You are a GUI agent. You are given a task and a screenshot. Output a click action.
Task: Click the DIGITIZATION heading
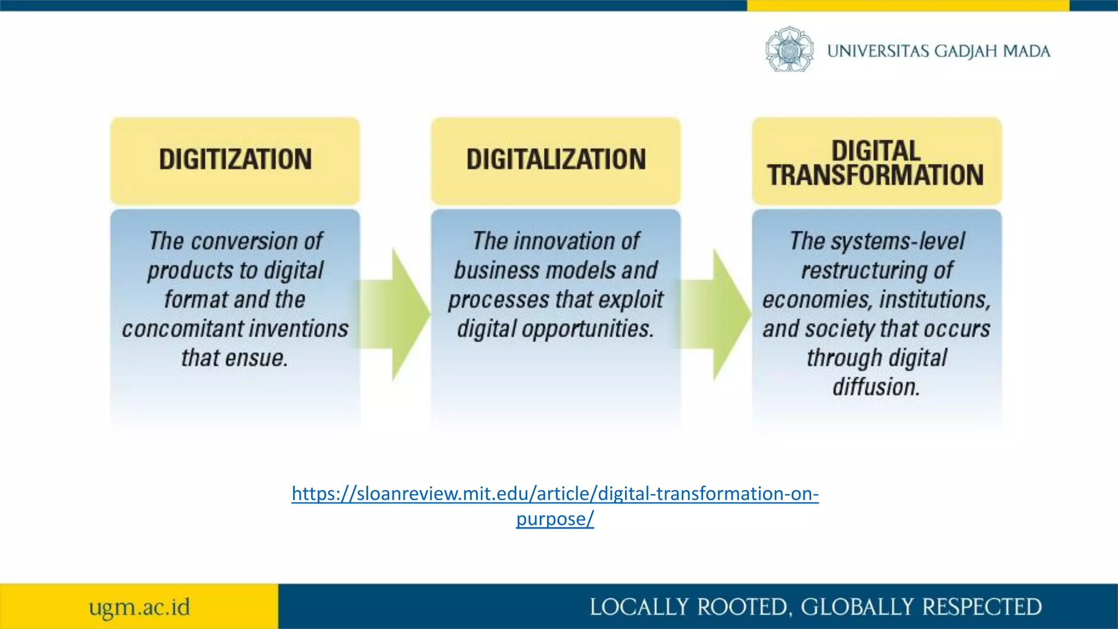pos(235,159)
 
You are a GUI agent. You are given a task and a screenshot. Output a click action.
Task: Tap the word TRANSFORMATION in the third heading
pos(876,175)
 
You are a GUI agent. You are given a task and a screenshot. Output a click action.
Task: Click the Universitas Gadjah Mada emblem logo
pos(789,50)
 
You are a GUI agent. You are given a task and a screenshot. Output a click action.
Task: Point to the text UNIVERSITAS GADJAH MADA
pos(938,51)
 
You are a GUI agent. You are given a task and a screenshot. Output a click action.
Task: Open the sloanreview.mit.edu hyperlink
pos(555,494)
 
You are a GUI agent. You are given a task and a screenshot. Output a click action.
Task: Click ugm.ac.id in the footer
pos(139,607)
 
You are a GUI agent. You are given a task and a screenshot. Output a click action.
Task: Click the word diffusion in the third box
pos(876,387)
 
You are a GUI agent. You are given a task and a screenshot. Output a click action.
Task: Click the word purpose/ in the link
pos(555,519)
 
